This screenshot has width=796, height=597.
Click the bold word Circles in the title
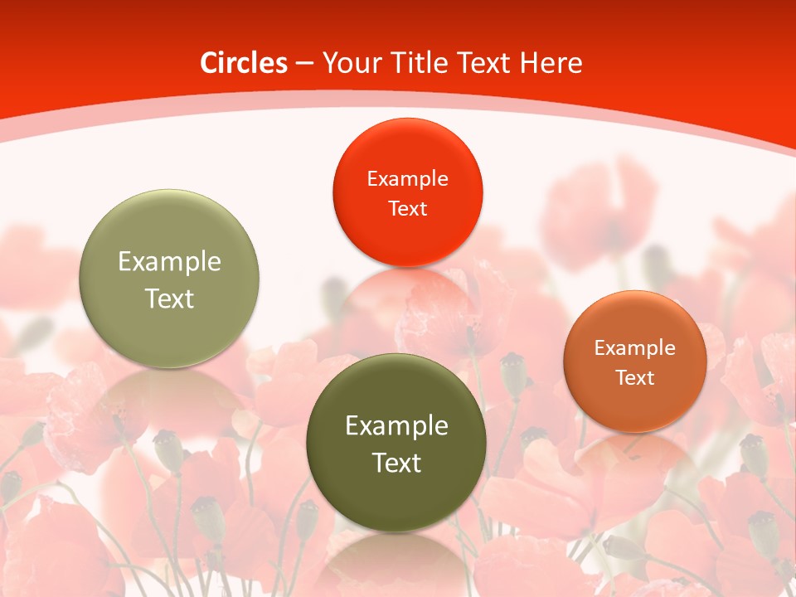point(245,63)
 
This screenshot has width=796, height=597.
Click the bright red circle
point(407,232)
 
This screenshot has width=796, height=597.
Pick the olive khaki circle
point(169,332)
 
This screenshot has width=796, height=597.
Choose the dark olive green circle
point(396,498)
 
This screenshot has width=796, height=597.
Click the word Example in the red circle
point(407,178)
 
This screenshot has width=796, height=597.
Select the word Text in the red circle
point(407,208)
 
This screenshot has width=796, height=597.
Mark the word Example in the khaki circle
point(169,262)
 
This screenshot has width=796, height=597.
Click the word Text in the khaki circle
point(169,298)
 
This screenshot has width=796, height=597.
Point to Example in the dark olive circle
point(396,426)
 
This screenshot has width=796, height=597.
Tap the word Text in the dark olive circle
point(396,463)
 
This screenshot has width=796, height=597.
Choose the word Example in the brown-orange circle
point(635,348)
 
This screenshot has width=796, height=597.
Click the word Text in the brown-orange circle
point(635,378)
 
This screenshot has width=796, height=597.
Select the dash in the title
point(303,64)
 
